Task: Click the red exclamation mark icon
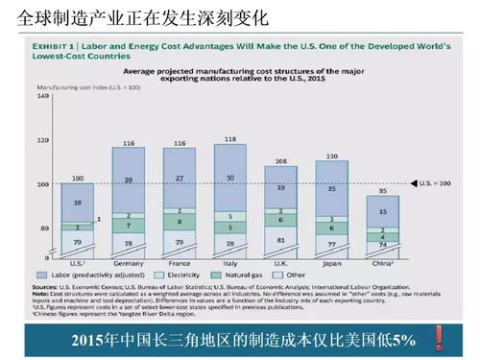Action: pyautogui.click(x=439, y=338)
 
